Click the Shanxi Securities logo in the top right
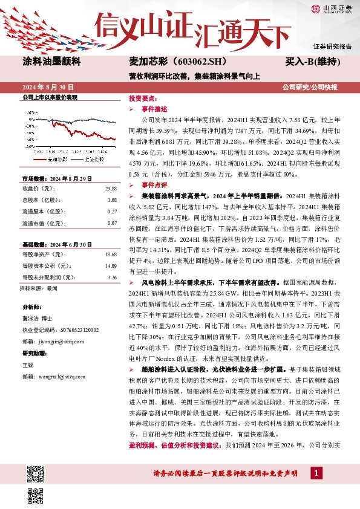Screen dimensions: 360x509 point(332,8)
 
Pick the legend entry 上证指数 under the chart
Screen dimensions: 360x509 point(91,160)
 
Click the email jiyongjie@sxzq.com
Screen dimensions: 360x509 point(54,341)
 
